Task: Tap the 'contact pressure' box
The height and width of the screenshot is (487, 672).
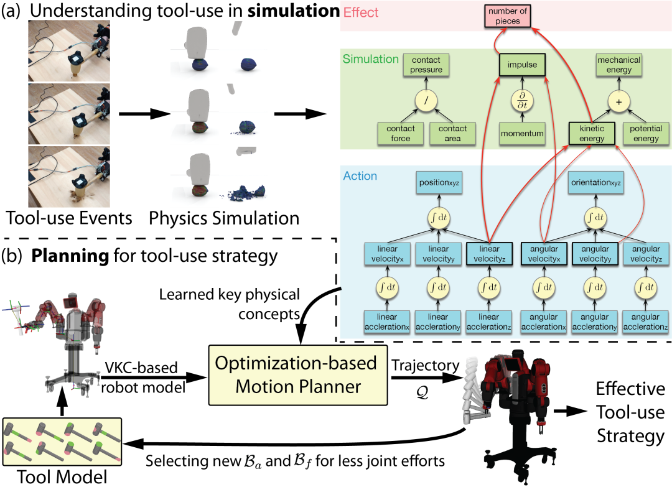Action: [426, 65]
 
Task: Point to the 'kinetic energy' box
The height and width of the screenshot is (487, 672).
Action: [592, 134]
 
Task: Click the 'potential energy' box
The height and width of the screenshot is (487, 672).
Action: [646, 134]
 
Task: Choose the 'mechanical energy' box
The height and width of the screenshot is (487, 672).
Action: [619, 65]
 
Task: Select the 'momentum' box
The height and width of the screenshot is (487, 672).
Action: [522, 134]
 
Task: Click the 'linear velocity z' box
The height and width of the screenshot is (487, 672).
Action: [488, 254]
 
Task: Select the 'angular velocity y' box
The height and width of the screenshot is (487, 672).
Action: [595, 254]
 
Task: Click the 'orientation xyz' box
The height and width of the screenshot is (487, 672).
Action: [595, 183]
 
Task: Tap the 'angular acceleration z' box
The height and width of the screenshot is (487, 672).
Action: [646, 322]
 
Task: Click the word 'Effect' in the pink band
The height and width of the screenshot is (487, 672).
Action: [361, 12]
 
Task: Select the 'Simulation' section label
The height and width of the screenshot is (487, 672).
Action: [370, 59]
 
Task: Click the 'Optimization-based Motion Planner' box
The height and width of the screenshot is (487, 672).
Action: [297, 375]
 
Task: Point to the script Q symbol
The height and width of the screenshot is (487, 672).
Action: [422, 392]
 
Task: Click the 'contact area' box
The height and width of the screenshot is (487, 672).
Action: [452, 134]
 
